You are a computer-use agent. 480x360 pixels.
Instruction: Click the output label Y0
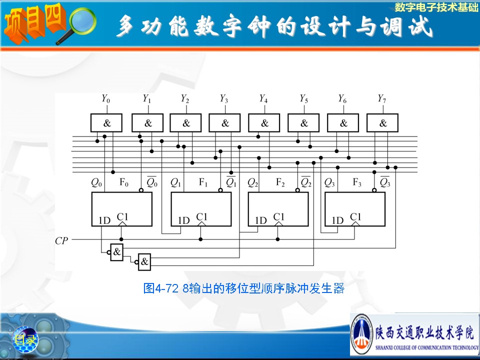[x=105, y=99]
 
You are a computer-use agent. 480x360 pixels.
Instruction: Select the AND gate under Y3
[x=224, y=123]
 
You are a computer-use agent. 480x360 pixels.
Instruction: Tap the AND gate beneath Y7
[x=382, y=123]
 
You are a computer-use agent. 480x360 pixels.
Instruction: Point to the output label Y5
[x=303, y=99]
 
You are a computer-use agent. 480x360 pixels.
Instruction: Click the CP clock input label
[x=61, y=241]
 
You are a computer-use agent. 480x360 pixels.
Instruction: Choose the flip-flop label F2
[x=280, y=182]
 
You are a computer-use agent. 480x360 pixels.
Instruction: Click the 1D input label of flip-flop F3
[x=338, y=220]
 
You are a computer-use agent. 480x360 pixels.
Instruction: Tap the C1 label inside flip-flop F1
[x=201, y=216]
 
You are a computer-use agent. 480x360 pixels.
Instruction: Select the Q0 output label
[x=96, y=182]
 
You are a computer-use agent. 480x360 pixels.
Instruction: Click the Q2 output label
[x=253, y=182]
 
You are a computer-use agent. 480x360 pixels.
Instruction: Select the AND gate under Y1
[x=147, y=123]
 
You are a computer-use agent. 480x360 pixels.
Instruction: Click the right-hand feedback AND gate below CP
[x=144, y=261]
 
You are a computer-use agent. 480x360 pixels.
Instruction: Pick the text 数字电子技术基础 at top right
[x=436, y=7]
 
